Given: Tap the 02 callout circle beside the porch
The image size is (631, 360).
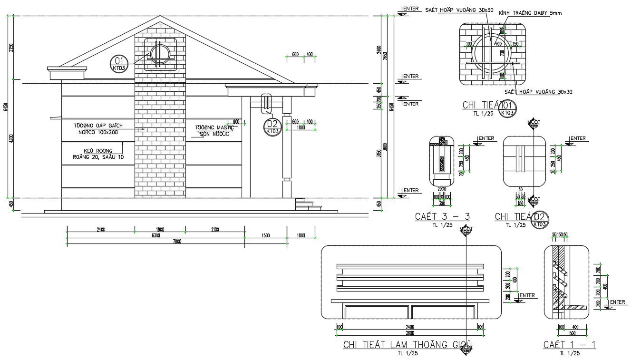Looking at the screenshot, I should (x=272, y=127).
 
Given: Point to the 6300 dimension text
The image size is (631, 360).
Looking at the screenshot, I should (x=155, y=235).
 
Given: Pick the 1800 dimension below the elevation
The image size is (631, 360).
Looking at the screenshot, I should (x=160, y=230).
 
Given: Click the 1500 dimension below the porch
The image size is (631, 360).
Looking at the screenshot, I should (x=265, y=235).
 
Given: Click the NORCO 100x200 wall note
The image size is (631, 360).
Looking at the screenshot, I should (x=98, y=132).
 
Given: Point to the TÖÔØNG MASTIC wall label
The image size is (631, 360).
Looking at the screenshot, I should (x=214, y=127).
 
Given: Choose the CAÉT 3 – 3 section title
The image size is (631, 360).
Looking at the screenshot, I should (x=442, y=217).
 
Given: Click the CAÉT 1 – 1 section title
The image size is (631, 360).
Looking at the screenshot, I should (x=570, y=345).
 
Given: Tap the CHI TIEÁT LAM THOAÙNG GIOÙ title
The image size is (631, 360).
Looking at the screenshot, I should (x=408, y=345).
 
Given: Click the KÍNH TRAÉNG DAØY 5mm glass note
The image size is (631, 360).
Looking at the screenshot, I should (x=530, y=13).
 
